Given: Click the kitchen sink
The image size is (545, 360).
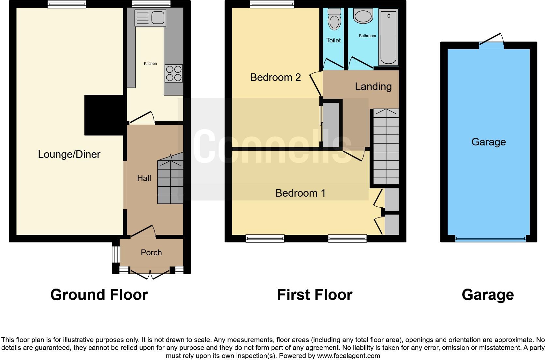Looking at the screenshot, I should [x=150, y=17].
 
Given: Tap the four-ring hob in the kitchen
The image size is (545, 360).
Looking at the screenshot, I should [x=174, y=73].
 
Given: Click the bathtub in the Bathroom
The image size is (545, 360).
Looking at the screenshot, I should [x=388, y=37].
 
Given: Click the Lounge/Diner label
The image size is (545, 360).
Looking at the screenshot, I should [x=69, y=154].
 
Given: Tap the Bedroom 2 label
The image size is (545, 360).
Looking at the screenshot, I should [x=275, y=77].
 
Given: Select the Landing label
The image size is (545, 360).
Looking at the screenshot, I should [x=373, y=86].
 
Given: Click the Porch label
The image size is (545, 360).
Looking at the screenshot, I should [x=151, y=252].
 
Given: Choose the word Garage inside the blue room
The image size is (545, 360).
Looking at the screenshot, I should [x=488, y=142].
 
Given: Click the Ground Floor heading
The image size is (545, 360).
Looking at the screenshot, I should [x=99, y=295].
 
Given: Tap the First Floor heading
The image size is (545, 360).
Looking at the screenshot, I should [x=315, y=295].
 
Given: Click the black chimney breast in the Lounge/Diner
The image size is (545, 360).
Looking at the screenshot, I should [x=104, y=115].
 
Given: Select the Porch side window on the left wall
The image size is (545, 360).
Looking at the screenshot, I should [x=115, y=254].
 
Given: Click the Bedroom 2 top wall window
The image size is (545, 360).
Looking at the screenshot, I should [x=272, y=4].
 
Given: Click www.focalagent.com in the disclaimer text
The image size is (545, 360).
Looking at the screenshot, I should [x=348, y=356].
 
